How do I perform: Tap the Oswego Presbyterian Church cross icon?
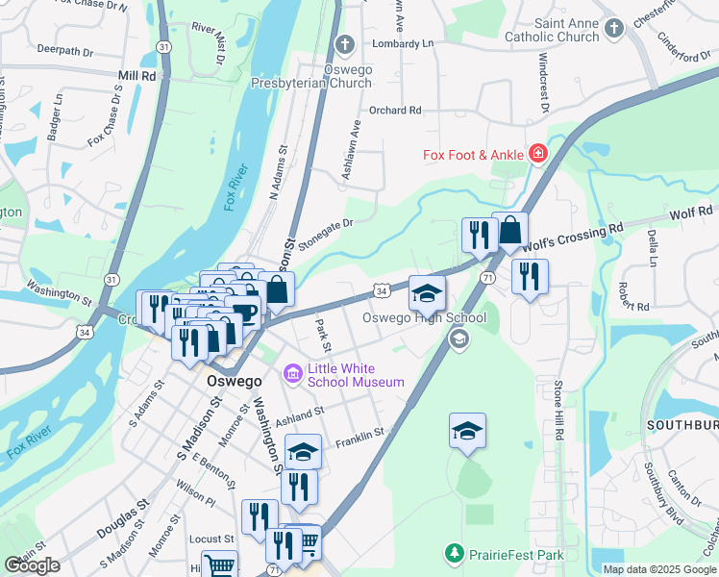pos(345,44)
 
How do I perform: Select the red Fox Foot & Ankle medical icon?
pos(537,154)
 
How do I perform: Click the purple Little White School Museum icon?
pos(293,372)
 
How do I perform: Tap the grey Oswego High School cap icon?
pos(459,338)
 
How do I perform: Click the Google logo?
pos(33,565)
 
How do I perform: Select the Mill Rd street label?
pos(136,74)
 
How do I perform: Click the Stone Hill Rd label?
pos(557,410)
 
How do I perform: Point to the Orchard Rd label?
pos(395,110)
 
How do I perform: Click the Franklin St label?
pos(359,438)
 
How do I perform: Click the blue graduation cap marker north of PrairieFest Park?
pos(467,431)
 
